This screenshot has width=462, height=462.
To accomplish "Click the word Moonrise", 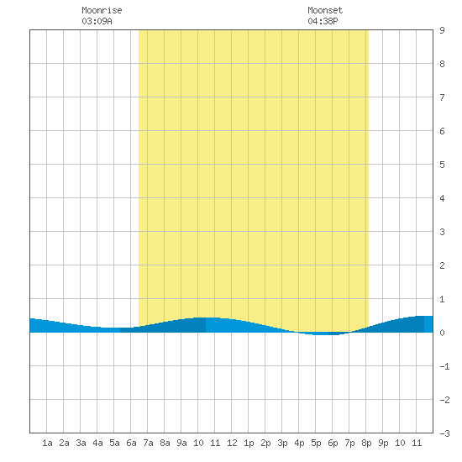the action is pyautogui.click(x=102, y=10).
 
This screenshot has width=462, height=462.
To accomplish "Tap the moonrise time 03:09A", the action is pyautogui.click(x=97, y=21).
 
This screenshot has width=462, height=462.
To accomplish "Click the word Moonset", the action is pyautogui.click(x=325, y=10).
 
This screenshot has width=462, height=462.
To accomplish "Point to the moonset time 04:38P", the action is pyautogui.click(x=323, y=21).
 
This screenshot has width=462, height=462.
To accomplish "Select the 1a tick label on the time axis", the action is pyautogui.click(x=47, y=443).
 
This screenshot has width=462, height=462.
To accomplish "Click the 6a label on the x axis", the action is pyautogui.click(x=131, y=443).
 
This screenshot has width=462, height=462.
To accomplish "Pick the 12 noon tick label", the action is pyautogui.click(x=232, y=443).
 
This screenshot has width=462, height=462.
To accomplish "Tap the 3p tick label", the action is pyautogui.click(x=282, y=443).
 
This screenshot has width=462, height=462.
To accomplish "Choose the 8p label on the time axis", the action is pyautogui.click(x=366, y=443).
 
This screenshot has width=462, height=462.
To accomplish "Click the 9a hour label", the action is pyautogui.click(x=181, y=443).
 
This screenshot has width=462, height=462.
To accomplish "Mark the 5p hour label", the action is pyautogui.click(x=316, y=443).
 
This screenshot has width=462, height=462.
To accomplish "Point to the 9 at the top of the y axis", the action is pyautogui.click(x=442, y=30).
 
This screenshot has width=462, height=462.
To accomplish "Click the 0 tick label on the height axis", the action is pyautogui.click(x=442, y=333).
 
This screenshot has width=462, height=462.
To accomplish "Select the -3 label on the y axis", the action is pyautogui.click(x=444, y=433).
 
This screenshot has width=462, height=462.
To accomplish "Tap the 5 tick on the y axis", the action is pyautogui.click(x=442, y=165).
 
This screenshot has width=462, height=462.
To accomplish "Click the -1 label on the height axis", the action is pyautogui.click(x=444, y=366).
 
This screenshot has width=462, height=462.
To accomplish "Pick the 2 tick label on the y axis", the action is pyautogui.click(x=442, y=265).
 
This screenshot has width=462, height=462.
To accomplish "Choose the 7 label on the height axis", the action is pyautogui.click(x=442, y=97).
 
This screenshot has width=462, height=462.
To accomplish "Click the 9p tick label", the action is pyautogui.click(x=383, y=443).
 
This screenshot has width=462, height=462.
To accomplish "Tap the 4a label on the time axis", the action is pyautogui.click(x=97, y=443).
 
